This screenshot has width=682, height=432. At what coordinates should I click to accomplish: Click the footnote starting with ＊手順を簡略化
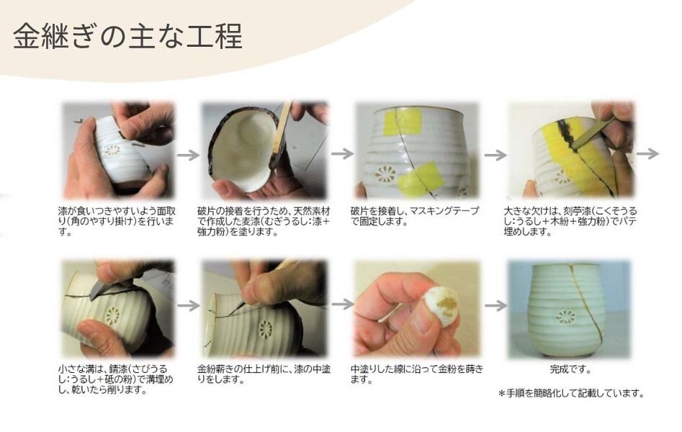[x=570, y=394]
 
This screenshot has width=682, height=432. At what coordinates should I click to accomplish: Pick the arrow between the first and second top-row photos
[x=188, y=154]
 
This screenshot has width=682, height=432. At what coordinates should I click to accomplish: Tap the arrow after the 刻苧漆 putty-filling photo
[x=648, y=153]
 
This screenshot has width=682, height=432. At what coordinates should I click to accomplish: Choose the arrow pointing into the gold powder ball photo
[x=342, y=305]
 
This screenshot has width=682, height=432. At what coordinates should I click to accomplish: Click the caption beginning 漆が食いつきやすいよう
[x=116, y=222]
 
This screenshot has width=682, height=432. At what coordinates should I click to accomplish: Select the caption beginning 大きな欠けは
[x=570, y=222]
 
